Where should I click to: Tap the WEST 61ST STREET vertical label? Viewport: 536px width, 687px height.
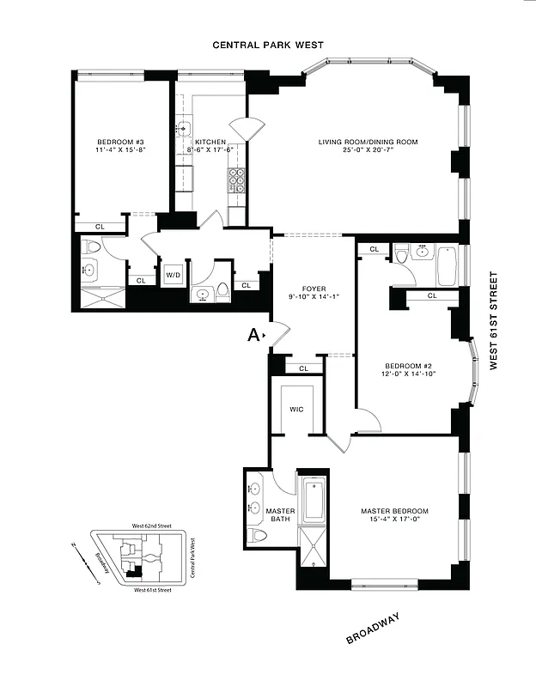click(x=494, y=320)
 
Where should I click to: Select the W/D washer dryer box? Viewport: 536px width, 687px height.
click(x=174, y=276)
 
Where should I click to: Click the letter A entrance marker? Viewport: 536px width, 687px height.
click(x=254, y=336)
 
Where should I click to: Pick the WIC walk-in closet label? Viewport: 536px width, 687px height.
click(x=296, y=410)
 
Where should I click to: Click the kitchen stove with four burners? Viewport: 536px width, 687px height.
click(x=236, y=180)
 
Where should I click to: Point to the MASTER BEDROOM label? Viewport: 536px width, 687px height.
click(x=394, y=511)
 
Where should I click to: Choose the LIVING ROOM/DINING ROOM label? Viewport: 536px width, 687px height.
click(x=368, y=142)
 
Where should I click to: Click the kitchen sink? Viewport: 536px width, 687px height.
click(x=182, y=130)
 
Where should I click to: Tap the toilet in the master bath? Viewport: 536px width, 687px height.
click(x=257, y=536)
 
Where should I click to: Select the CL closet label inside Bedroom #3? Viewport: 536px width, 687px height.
click(x=99, y=227)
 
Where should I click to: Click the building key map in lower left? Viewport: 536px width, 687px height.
click(x=138, y=557)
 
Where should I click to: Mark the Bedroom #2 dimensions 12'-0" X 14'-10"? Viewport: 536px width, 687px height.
click(x=410, y=373)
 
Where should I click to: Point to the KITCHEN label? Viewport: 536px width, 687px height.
click(x=210, y=142)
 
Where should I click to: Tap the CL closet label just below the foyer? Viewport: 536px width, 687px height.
click(x=303, y=368)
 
